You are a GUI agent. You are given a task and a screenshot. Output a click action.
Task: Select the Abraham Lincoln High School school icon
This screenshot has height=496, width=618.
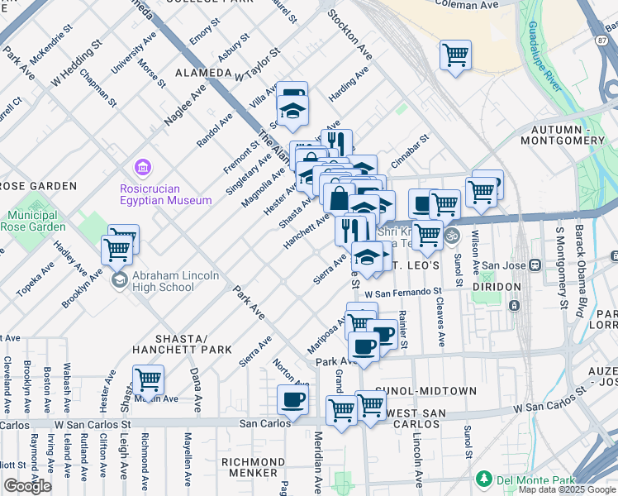point(121,279)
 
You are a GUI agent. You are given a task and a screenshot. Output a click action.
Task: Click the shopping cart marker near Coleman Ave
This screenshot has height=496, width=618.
point(455,56)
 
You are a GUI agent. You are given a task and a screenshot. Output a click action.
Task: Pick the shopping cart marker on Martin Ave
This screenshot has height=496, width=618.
point(148,381)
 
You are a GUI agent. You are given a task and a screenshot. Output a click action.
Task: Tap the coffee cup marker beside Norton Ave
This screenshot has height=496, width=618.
point(292,401)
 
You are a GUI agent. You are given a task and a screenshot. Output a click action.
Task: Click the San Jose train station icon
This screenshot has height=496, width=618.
point(535,265)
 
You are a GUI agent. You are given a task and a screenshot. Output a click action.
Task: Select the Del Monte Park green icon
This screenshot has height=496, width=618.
point(484,479)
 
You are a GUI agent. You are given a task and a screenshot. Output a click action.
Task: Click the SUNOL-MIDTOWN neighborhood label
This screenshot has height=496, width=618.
point(426,390)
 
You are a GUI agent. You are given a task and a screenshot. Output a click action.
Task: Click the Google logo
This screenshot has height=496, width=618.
point(27,486)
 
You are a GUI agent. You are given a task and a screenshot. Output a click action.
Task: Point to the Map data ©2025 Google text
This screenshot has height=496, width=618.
point(567,489)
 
